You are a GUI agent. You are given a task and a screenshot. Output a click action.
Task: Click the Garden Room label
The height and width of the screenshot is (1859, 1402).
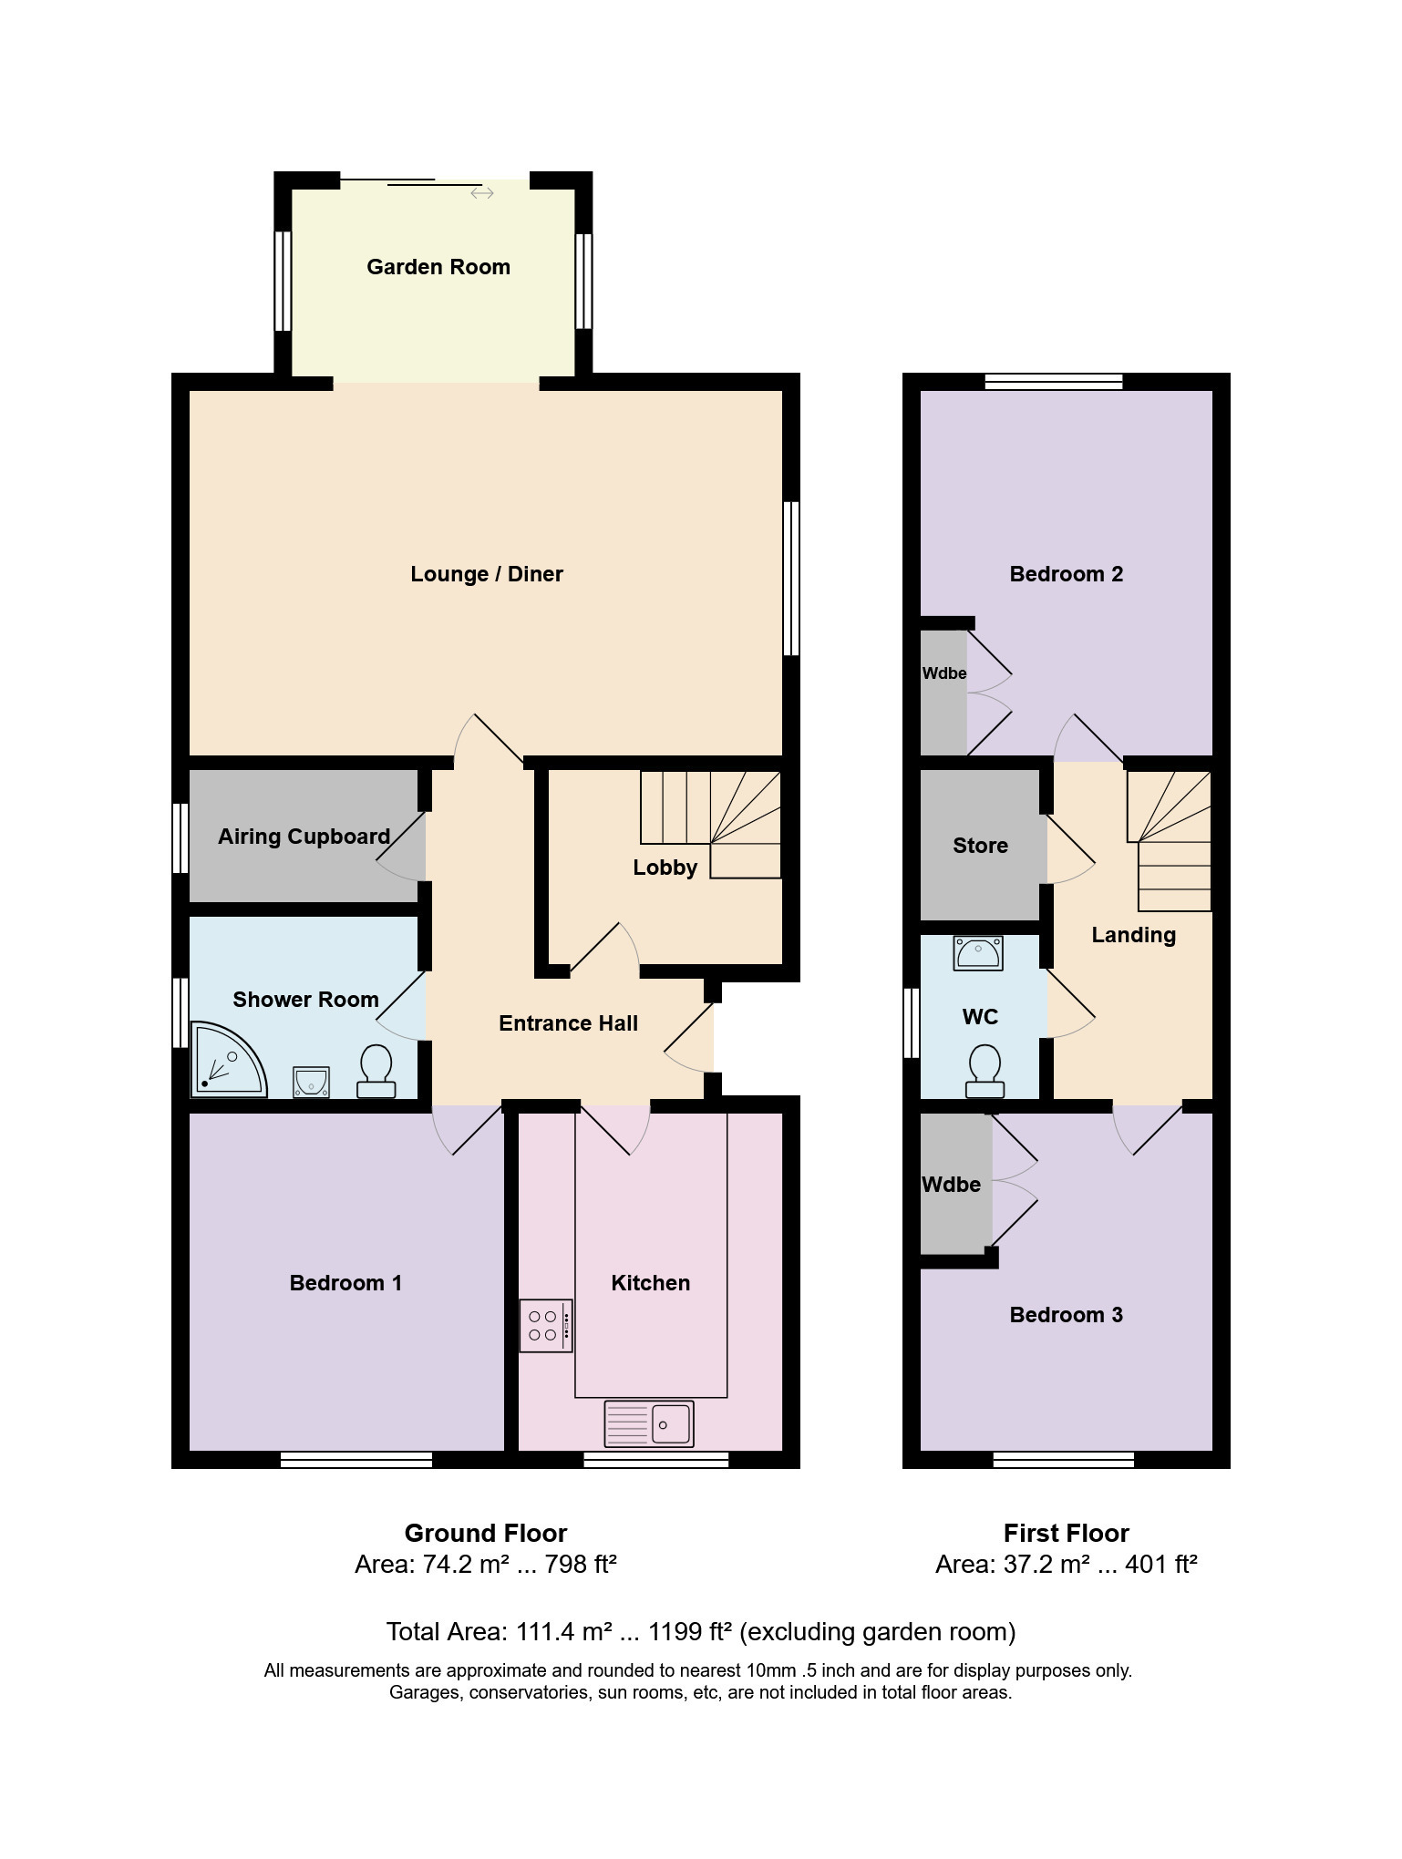click(x=438, y=267)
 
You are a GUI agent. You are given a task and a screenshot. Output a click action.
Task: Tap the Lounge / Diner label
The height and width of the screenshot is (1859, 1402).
click(x=487, y=574)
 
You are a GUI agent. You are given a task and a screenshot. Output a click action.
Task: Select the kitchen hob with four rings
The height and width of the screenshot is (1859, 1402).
click(x=546, y=1326)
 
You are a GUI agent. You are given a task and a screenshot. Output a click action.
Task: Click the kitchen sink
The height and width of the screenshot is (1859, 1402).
click(x=649, y=1423)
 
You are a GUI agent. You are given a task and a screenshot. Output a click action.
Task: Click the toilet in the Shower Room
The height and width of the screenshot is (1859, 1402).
click(x=376, y=1072)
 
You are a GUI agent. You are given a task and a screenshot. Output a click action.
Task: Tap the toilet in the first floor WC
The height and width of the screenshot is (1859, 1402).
click(x=984, y=1072)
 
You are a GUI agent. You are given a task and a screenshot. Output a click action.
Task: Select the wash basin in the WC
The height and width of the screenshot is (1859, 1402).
click(x=978, y=954)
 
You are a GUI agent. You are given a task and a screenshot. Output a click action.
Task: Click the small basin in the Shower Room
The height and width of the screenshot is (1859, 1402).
click(x=311, y=1083)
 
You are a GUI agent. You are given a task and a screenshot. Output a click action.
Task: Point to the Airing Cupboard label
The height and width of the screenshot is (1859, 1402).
click(x=304, y=837)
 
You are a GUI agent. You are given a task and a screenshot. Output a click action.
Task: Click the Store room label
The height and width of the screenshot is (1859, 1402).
click(x=980, y=846)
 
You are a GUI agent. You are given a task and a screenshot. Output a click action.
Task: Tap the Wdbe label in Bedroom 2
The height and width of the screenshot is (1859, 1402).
click(x=944, y=673)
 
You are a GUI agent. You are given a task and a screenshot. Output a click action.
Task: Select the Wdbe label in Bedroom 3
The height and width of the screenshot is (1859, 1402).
click(x=951, y=1185)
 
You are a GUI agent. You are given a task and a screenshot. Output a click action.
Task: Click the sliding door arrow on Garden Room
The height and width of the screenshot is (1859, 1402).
click(x=482, y=193)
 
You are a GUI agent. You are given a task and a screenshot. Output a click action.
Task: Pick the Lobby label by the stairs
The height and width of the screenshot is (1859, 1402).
click(x=665, y=868)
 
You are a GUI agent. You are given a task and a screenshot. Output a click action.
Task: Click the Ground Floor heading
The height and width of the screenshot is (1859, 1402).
click(x=486, y=1533)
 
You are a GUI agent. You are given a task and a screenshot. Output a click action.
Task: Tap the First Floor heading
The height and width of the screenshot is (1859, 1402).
click(x=1067, y=1533)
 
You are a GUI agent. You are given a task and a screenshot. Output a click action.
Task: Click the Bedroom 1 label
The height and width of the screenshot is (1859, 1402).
click(x=345, y=1283)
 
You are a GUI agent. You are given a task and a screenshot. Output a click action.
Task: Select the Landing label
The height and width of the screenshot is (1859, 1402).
click(x=1134, y=935)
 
